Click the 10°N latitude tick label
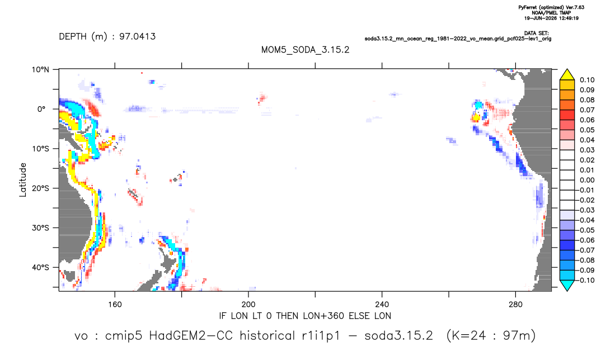40,69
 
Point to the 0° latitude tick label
41,109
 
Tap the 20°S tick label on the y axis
40,188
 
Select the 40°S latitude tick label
40,267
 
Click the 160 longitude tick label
115,305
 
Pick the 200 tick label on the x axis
248,305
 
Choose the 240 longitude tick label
382,305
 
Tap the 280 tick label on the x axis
515,305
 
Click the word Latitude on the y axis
23,180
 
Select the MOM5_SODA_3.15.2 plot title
305,50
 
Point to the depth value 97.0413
137,36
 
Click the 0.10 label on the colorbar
587,80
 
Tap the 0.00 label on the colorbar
587,180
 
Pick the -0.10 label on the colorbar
586,280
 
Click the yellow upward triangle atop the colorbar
567,75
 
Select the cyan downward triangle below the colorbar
567,285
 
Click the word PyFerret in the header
527,7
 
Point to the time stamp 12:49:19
567,18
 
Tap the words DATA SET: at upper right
537,34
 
